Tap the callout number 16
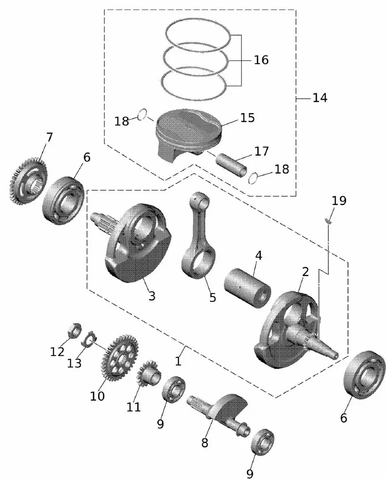261,60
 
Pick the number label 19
339,200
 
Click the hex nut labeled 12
72,330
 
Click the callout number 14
320,98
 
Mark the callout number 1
178,361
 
